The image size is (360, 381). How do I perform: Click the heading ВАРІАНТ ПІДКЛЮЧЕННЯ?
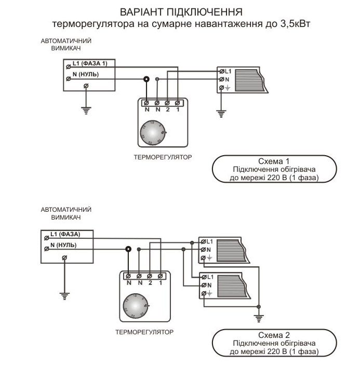click(x=181, y=11)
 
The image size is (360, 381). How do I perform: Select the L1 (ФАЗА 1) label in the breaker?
click(x=92, y=63)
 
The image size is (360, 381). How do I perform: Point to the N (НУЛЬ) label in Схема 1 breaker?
click(x=85, y=74)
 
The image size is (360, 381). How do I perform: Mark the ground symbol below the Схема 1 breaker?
click(x=86, y=110)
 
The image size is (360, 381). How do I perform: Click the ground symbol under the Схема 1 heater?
click(x=221, y=113)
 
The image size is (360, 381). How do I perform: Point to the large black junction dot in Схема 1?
click(x=146, y=79)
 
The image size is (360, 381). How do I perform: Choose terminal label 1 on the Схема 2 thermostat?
click(x=161, y=282)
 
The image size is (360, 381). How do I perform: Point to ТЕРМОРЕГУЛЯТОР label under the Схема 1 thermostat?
click(x=163, y=156)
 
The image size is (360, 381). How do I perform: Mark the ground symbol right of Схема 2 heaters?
click(x=258, y=318)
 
